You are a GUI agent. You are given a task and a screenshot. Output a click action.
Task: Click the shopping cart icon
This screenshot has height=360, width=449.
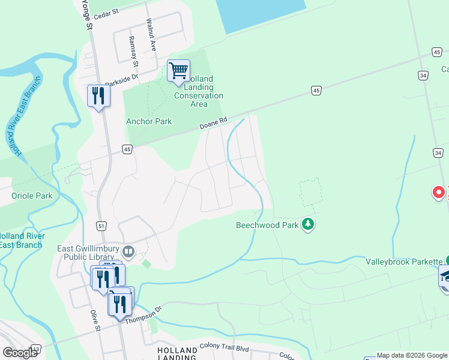(178, 71)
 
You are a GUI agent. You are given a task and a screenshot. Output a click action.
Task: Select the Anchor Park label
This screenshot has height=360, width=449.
(149, 121)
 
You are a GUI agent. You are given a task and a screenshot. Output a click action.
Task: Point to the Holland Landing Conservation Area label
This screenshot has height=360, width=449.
(199, 91)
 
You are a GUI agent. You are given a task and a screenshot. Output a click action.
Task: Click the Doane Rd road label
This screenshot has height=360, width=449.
(214, 123)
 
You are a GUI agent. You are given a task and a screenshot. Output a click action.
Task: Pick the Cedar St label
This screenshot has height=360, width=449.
(106, 10)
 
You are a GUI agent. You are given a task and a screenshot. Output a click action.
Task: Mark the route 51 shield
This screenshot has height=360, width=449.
(102, 225)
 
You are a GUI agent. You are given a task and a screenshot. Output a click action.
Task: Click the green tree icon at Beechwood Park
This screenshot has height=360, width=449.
(308, 225)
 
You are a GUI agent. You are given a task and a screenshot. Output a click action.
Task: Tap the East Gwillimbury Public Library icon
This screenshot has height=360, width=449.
(128, 250)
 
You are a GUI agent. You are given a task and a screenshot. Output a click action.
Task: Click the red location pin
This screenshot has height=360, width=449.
(439, 193)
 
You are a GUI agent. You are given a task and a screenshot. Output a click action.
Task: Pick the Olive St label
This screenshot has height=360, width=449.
(94, 321)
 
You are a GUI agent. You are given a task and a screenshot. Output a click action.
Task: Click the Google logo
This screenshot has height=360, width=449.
(20, 352)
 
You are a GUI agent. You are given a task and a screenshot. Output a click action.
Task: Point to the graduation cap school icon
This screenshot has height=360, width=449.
(446, 276)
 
